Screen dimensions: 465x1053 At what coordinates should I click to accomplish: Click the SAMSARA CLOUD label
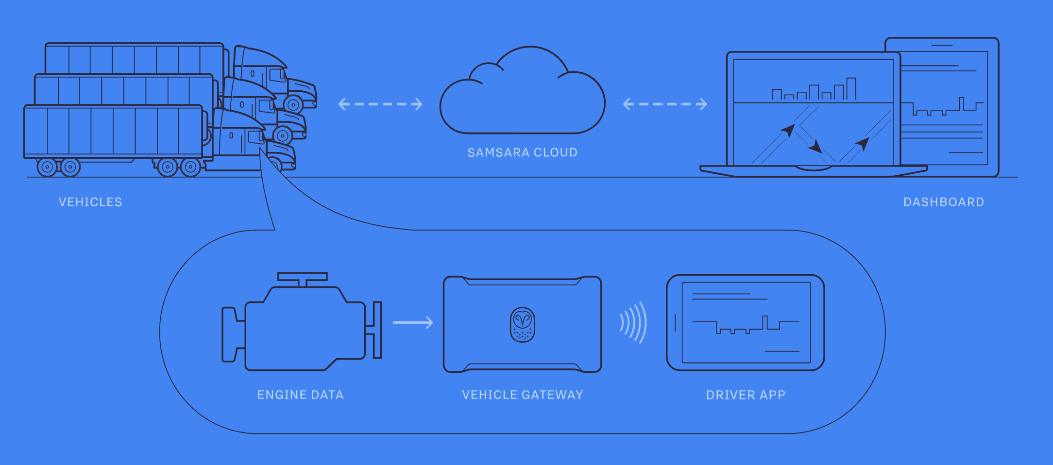point(522,152)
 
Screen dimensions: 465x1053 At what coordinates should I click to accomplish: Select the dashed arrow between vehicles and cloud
point(380,104)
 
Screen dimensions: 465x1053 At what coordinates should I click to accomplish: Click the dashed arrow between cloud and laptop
point(665,104)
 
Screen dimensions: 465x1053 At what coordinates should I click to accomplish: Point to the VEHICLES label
point(90,202)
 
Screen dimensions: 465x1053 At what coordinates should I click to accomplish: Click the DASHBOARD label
point(943,202)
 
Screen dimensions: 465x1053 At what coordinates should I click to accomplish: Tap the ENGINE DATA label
point(300,395)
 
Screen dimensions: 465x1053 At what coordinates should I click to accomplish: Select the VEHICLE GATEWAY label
point(523,395)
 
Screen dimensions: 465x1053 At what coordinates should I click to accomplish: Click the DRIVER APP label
point(746,395)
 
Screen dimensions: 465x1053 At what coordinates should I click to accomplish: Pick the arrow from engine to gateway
point(413,322)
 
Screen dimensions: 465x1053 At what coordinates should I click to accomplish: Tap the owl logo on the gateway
point(522,324)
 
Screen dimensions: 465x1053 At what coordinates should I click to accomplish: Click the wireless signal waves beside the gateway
point(634,322)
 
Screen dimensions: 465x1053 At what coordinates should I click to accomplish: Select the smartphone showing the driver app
point(745,322)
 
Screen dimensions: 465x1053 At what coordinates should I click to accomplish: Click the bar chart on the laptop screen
point(814,90)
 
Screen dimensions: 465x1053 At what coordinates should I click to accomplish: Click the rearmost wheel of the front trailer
point(47,167)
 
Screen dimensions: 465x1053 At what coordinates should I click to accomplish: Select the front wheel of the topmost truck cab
point(293,104)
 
